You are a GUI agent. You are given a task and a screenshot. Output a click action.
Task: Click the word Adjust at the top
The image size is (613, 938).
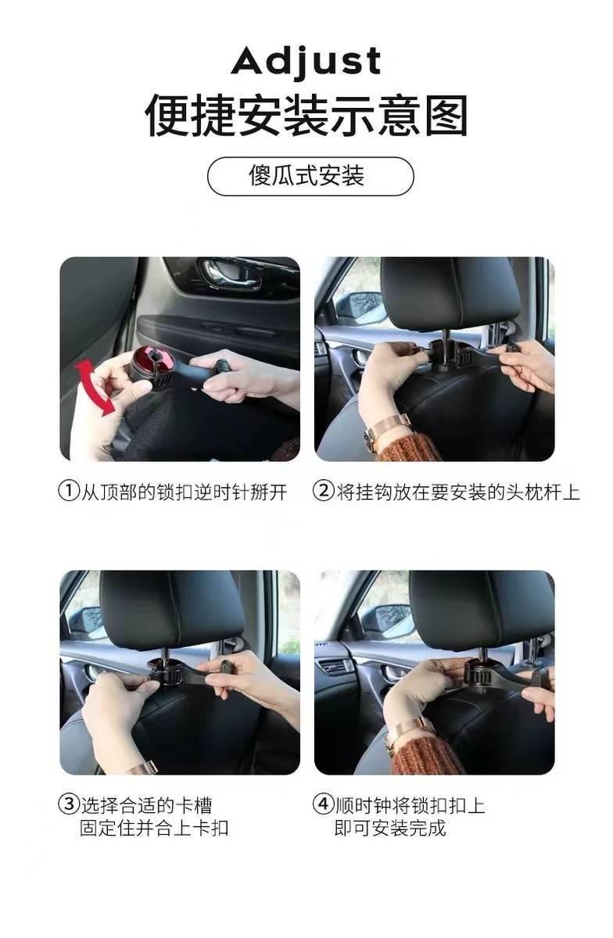tap(306, 61)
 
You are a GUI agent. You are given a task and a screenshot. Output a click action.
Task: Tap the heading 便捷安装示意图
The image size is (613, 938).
tap(306, 116)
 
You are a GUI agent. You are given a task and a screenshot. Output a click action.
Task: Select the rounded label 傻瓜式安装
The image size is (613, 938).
tap(310, 176)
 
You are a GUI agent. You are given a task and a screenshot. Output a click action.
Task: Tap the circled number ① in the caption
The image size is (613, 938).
tap(70, 492)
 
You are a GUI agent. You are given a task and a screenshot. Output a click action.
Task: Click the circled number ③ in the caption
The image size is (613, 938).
tap(70, 805)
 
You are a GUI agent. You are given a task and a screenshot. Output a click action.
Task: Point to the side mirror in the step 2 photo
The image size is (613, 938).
tap(360, 307)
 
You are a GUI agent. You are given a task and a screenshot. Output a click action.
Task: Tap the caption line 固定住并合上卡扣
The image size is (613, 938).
tap(154, 828)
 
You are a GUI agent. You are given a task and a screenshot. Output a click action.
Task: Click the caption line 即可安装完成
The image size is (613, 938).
tap(390, 828)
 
